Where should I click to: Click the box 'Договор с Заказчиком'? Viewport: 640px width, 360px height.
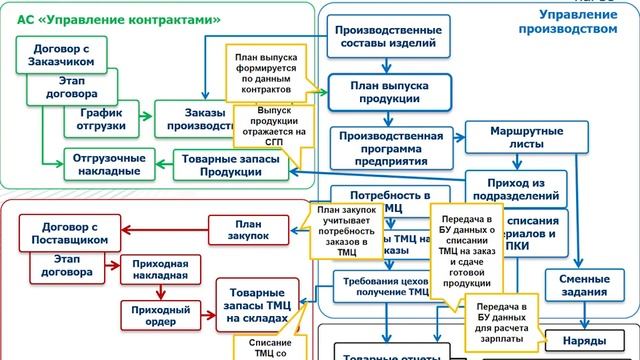click(x=57, y=52)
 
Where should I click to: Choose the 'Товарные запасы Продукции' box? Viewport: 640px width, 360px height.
click(x=227, y=164)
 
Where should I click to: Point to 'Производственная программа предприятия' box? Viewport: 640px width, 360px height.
click(x=390, y=144)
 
